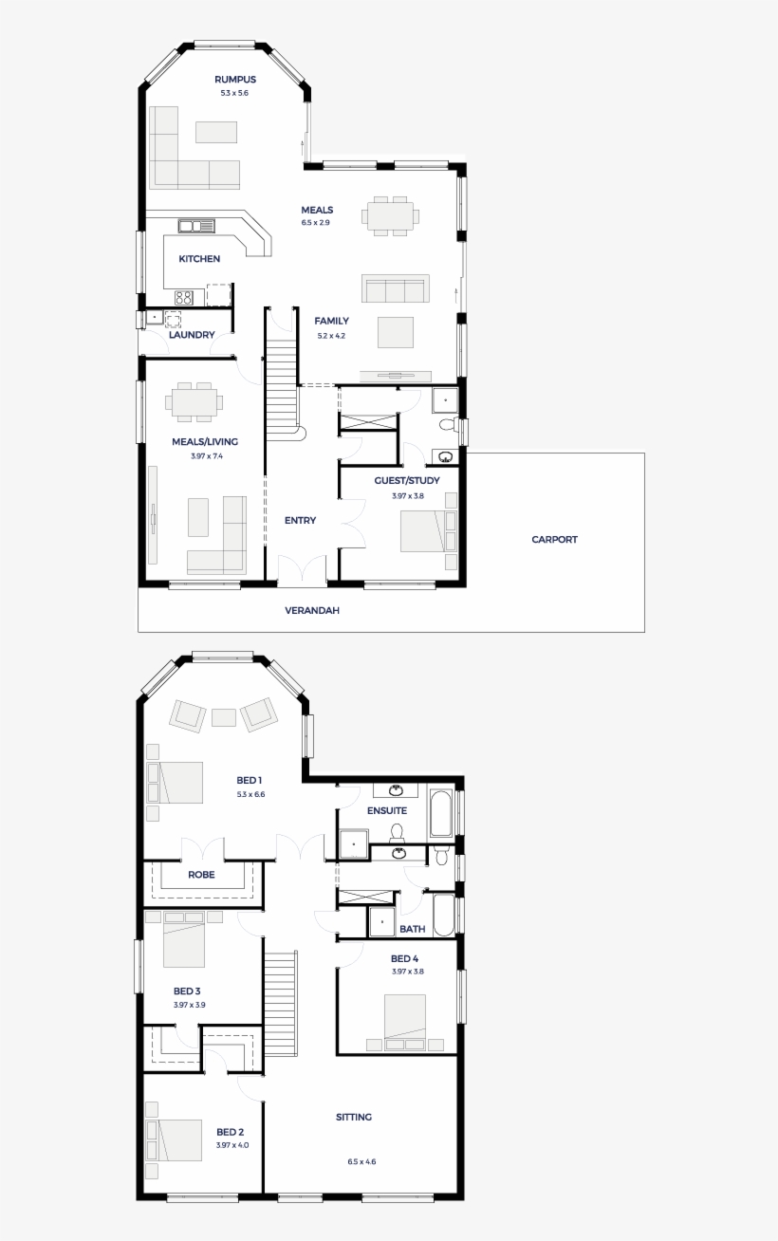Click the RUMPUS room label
(235, 80)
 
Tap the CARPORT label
(554, 539)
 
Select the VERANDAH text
(312, 610)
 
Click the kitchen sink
(196, 226)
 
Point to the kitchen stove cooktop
(184, 298)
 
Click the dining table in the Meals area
(390, 215)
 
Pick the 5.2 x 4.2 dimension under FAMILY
(331, 335)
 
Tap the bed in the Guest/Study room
(423, 530)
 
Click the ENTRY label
(301, 520)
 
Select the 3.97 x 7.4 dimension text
(207, 456)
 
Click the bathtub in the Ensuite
(441, 813)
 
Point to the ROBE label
(201, 874)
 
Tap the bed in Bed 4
(405, 1016)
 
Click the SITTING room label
(354, 1117)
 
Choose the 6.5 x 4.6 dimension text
(361, 1161)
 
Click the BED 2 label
(230, 1132)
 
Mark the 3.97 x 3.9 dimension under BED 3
(190, 1005)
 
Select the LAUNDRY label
(192, 335)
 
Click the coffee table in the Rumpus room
(216, 132)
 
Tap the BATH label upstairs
(413, 929)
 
